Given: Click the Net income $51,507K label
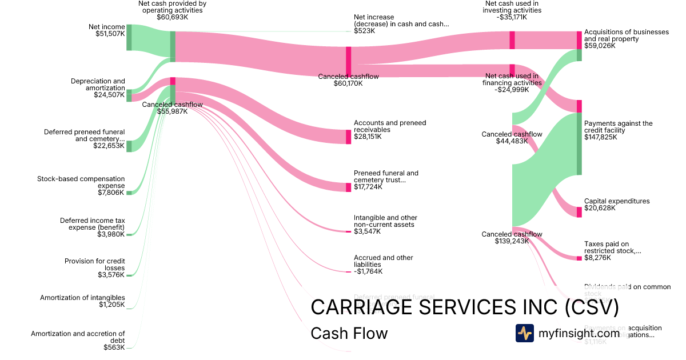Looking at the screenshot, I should click(x=106, y=30).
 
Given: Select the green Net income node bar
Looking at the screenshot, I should click(x=129, y=37).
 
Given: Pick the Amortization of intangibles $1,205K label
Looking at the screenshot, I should click(x=82, y=301).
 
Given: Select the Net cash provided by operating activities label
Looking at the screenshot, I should click(x=172, y=10).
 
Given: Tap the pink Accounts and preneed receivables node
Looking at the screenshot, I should click(x=348, y=137).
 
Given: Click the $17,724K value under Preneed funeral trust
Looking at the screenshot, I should click(x=368, y=187).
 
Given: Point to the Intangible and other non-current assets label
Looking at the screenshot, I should click(x=385, y=224).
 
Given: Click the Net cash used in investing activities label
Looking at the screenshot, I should click(x=512, y=10).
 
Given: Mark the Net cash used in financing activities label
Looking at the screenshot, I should click(x=512, y=82).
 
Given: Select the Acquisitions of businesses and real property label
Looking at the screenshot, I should click(x=626, y=39).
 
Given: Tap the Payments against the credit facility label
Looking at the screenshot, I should click(x=618, y=130).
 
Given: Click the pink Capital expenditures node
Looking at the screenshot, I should click(x=579, y=212).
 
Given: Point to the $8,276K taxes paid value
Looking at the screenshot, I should click(x=597, y=258).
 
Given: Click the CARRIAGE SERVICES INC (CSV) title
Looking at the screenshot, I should click(x=465, y=307).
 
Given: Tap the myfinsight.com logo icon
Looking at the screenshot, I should click(x=525, y=333).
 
